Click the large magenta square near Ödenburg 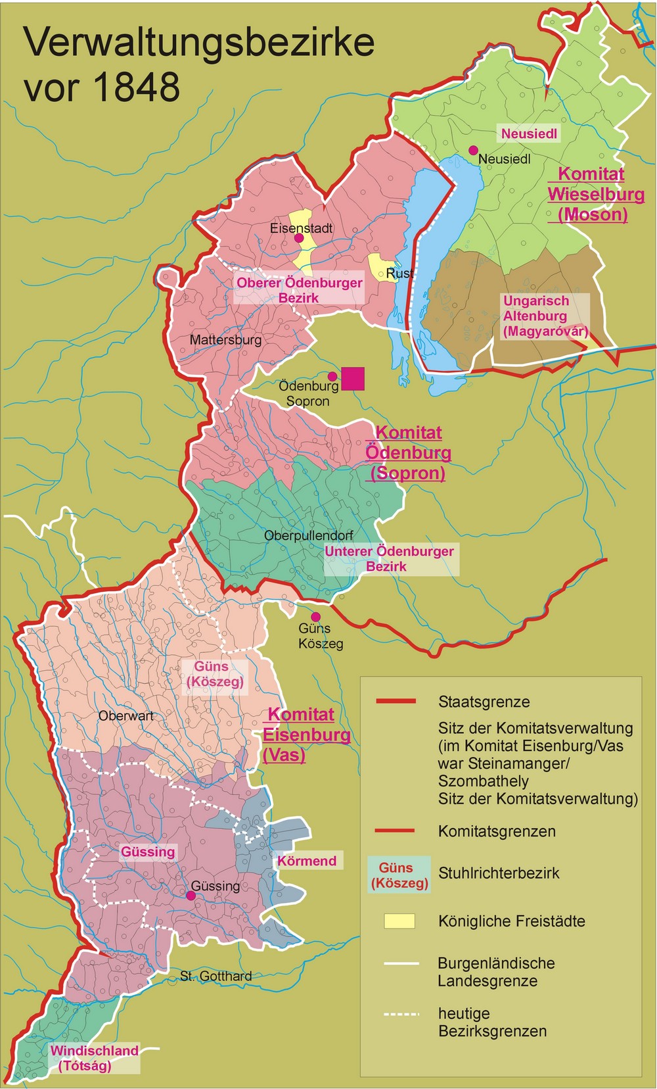[x=353, y=378]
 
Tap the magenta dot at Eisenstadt [x=299, y=238]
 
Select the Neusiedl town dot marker [x=472, y=151]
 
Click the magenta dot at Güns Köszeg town [x=315, y=617]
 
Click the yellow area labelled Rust [x=380, y=266]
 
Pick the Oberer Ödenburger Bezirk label [x=299, y=290]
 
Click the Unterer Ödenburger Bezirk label [x=389, y=558]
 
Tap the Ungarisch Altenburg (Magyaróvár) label [x=545, y=316]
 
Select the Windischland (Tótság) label [x=94, y=1058]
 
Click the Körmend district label [x=306, y=861]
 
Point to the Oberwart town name [x=125, y=716]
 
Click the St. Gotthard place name [x=216, y=977]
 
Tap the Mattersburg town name [x=225, y=340]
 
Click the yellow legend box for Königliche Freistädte [x=399, y=921]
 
